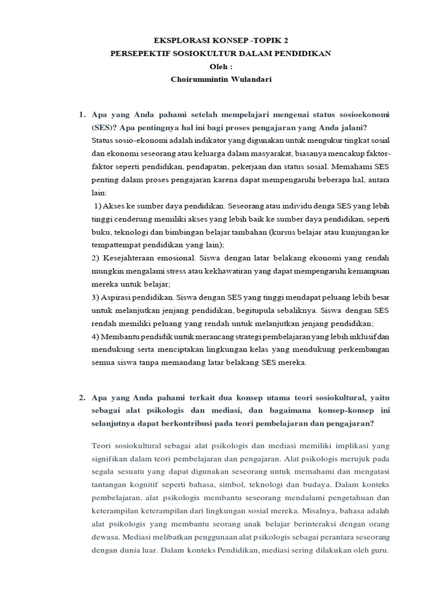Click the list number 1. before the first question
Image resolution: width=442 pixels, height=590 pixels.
click(x=82, y=115)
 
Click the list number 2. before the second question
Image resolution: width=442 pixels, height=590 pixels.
click(x=82, y=397)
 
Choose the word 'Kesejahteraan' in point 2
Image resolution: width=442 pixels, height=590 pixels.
click(x=128, y=258)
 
